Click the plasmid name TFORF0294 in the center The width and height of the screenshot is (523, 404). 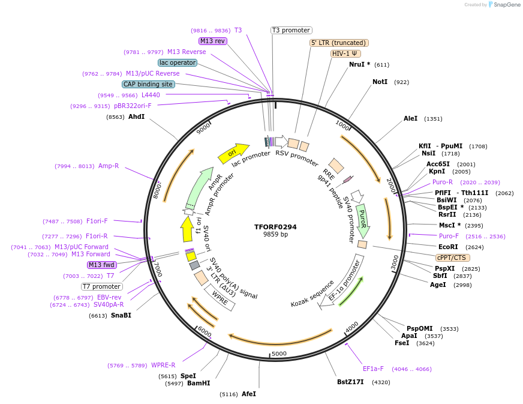[275, 227]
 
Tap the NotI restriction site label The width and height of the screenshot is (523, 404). [380, 82]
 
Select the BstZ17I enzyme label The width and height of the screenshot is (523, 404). [350, 382]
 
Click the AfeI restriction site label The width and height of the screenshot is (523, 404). [249, 394]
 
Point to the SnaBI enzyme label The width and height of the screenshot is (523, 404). [121, 315]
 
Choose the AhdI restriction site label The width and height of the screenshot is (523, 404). [136, 116]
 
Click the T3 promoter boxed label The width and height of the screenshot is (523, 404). [291, 30]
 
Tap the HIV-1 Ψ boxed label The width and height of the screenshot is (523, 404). [346, 53]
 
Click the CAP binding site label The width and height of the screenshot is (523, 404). [148, 85]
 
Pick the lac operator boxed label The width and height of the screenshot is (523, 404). [178, 62]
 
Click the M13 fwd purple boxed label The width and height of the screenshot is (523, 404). [102, 265]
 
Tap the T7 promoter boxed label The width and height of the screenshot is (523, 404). [102, 286]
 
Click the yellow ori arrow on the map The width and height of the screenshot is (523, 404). [233, 153]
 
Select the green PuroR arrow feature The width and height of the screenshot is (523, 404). [363, 221]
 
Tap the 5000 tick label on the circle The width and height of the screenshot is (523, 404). [279, 354]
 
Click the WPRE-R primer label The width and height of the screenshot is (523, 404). [163, 365]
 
